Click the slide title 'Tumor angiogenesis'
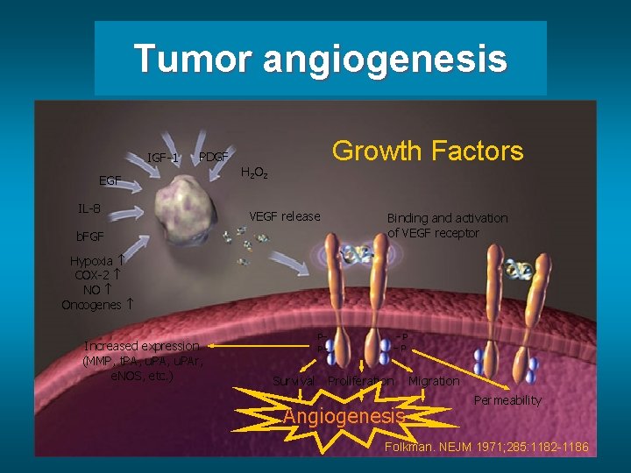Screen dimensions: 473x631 (x=321, y=60)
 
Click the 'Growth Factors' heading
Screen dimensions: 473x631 (x=428, y=151)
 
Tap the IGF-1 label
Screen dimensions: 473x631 (x=163, y=159)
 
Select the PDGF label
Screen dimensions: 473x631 (x=214, y=157)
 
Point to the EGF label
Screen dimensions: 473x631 (x=110, y=180)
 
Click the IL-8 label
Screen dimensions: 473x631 (x=89, y=208)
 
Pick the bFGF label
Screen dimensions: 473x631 (x=89, y=236)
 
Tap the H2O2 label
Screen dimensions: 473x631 (x=253, y=173)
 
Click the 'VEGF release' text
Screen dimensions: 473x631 (x=285, y=216)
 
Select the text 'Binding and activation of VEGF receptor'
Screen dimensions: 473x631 (x=447, y=225)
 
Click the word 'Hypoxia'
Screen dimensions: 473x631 (x=91, y=261)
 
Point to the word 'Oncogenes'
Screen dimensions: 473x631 (x=91, y=305)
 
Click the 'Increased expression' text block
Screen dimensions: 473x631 (x=141, y=361)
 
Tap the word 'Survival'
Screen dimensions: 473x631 (x=294, y=381)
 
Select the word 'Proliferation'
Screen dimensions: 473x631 (x=359, y=381)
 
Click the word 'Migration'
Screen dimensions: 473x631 (x=434, y=381)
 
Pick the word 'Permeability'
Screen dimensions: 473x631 (x=507, y=400)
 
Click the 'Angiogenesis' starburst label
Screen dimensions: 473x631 (x=344, y=415)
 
